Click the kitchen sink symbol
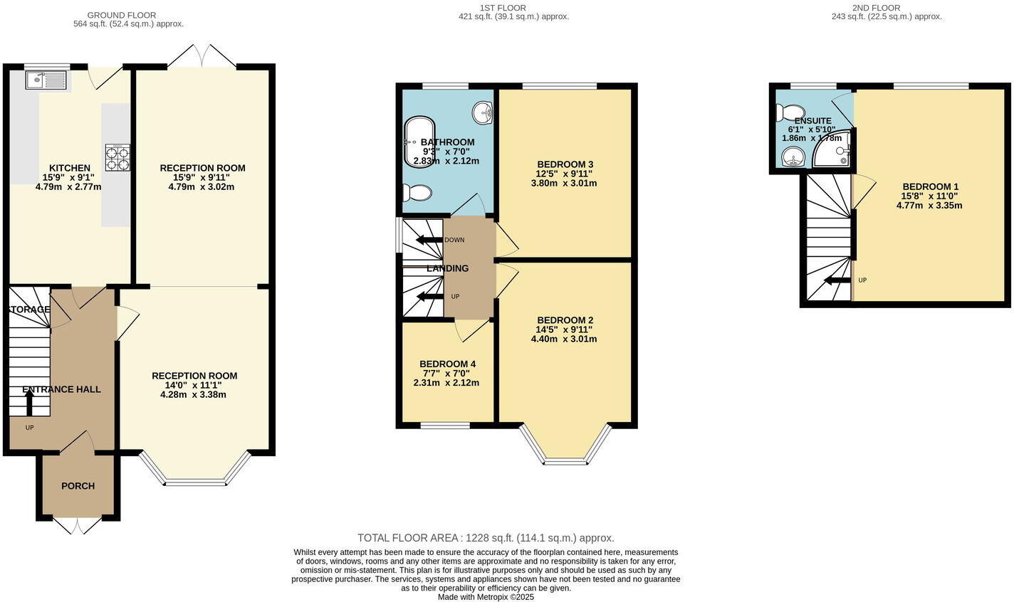click(47, 80)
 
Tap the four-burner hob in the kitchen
click(118, 157)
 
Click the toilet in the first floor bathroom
click(417, 193)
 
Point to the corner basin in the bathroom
click(484, 112)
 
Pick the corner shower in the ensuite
click(835, 150)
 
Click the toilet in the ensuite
click(789, 112)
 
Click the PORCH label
click(78, 486)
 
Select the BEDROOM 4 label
click(447, 364)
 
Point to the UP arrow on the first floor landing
click(429, 296)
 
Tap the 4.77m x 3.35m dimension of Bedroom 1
click(929, 206)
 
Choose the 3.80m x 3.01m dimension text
click(563, 183)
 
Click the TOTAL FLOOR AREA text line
click(486, 538)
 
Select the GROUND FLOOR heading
click(121, 15)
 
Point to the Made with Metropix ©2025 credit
click(486, 597)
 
